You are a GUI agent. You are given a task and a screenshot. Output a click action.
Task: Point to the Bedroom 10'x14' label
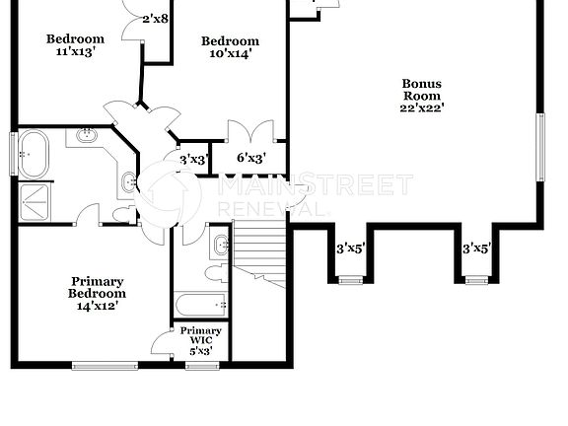coord(230,47)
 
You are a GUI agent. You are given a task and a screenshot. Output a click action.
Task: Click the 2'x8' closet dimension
coord(155,19)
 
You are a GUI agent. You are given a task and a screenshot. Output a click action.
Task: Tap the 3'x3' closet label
coord(192,158)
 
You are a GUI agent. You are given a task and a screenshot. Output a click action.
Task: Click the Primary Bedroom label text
coord(97,286)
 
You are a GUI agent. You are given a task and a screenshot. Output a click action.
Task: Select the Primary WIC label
coord(200,339)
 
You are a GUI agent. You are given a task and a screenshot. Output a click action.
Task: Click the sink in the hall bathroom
coord(220,245)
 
